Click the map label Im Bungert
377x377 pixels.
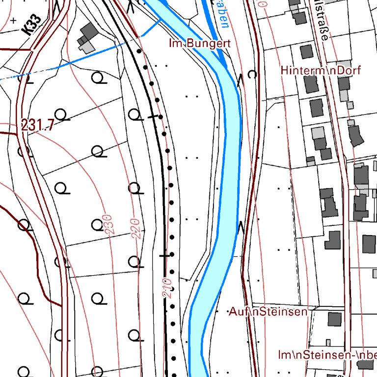coord(199,43)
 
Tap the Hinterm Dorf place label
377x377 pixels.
coord(321,70)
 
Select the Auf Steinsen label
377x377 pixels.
coord(268,311)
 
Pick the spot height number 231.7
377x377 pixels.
coord(37,126)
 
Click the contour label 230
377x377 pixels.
coord(108,223)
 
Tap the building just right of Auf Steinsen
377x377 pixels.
coord(334,319)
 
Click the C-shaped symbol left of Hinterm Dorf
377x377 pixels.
coord(252,75)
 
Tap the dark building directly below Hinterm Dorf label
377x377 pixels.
coord(311,84)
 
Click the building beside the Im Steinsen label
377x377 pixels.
coord(365,364)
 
